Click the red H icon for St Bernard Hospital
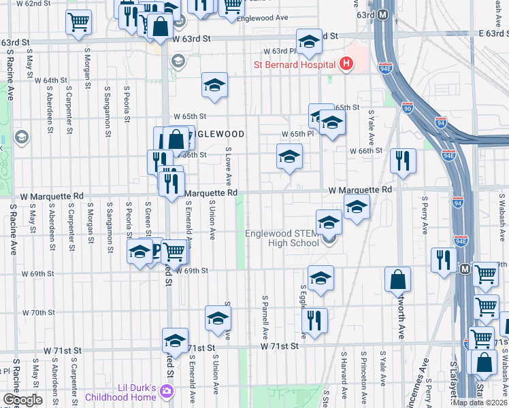[346, 65]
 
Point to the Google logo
[22, 400]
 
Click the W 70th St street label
[38, 313]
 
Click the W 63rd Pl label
[285, 51]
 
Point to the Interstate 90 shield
[407, 107]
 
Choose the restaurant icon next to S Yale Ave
[402, 161]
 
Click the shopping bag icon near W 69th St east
[397, 279]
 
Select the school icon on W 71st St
[175, 340]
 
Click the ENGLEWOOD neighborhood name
[217, 134]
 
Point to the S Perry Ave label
[423, 213]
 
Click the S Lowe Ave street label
[229, 166]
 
